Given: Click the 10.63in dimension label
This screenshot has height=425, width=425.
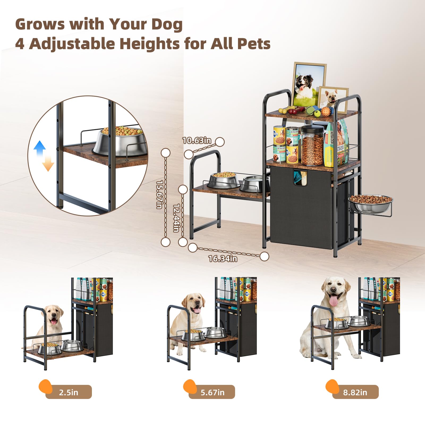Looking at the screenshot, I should pyautogui.click(x=197, y=140).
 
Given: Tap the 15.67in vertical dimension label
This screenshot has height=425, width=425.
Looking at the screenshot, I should pyautogui.click(x=159, y=194).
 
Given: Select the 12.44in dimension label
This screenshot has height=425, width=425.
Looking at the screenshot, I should pyautogui.click(x=176, y=218).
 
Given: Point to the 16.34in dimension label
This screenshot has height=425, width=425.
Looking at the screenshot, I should pyautogui.click(x=223, y=258).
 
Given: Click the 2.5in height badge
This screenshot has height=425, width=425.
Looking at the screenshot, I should pyautogui.click(x=69, y=392).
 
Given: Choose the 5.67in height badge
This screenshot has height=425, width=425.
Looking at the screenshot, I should pyautogui.click(x=212, y=392).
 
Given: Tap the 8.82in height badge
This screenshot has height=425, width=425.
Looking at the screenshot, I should pyautogui.click(x=355, y=392).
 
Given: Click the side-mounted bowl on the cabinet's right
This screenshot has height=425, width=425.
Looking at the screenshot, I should pyautogui.click(x=371, y=203).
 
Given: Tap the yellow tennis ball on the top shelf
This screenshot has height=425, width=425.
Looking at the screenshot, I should pyautogui.click(x=317, y=114).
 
